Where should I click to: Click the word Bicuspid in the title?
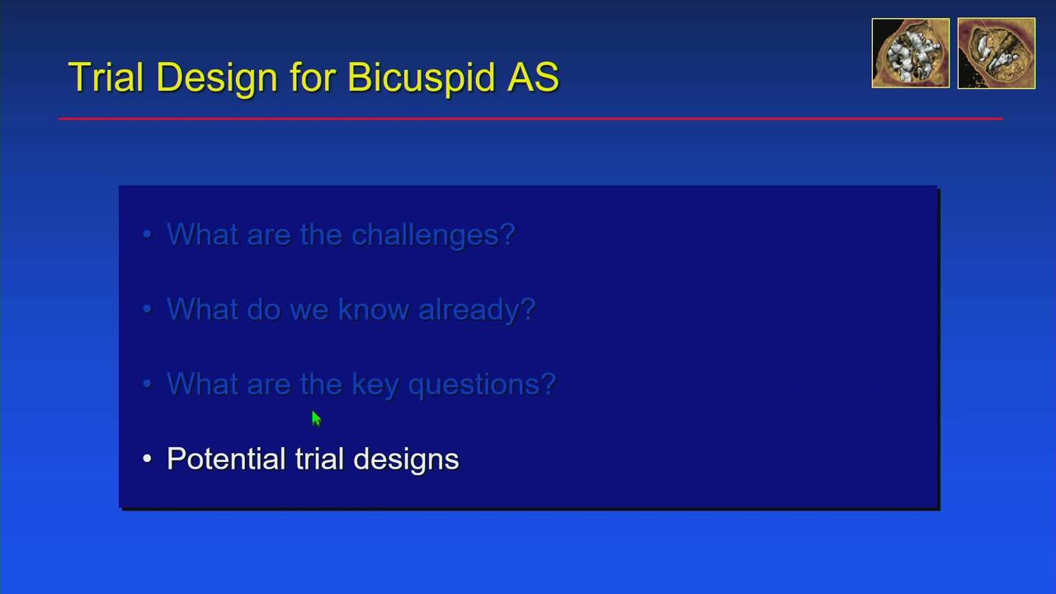point(422,78)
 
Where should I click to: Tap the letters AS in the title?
point(533,77)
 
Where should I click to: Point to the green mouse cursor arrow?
point(316,418)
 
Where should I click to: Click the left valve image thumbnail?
point(910,53)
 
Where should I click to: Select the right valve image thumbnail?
point(997,53)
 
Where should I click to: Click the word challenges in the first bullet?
point(433,235)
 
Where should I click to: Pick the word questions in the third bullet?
point(483,385)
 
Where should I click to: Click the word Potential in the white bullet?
point(226,458)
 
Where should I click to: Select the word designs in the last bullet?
point(406,460)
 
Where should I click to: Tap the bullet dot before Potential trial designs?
point(147,458)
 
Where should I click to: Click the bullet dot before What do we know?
point(147,309)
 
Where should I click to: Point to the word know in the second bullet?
point(374,309)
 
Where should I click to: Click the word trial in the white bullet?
point(319,458)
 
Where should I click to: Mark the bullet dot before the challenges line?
point(147,233)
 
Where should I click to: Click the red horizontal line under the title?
point(530,119)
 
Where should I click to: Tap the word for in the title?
point(313,77)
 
